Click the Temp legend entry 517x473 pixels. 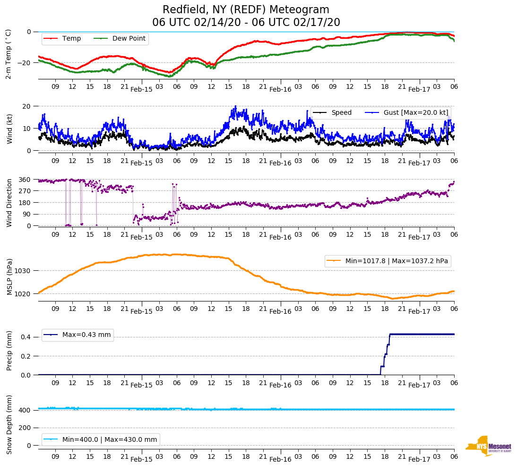[71, 39]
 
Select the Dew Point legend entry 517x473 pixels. [129, 39]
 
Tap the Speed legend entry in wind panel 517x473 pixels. [341, 113]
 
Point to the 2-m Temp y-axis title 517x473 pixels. [8, 54]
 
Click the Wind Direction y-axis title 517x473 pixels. [9, 203]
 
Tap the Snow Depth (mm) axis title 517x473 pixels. [9, 424]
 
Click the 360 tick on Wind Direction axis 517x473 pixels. [25, 180]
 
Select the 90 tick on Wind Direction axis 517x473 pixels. [27, 214]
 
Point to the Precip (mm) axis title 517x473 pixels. [9, 351]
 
